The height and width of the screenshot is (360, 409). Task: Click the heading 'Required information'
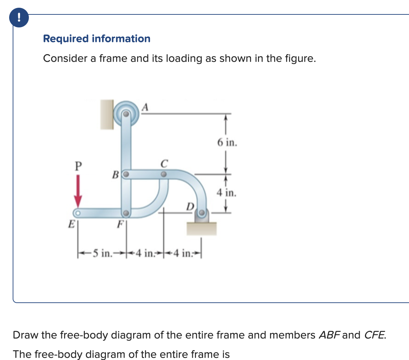(x=96, y=39)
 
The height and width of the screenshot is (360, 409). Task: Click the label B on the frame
(x=115, y=173)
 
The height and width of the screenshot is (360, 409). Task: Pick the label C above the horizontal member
(x=163, y=163)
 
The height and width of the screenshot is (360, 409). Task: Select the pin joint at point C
(x=163, y=174)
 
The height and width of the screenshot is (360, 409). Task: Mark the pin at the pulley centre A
(x=126, y=114)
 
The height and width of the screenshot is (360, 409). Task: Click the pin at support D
(x=202, y=213)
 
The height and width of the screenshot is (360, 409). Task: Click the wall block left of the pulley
(x=107, y=114)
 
